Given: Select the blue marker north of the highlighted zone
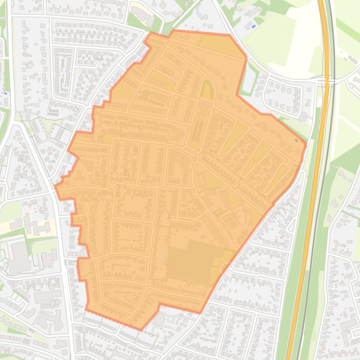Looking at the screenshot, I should [253, 27].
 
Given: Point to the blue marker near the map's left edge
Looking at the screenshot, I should [5, 93].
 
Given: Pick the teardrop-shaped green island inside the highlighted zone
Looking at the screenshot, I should [206, 89].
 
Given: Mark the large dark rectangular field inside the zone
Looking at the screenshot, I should [192, 260].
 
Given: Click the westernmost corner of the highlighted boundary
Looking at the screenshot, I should [55, 187].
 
